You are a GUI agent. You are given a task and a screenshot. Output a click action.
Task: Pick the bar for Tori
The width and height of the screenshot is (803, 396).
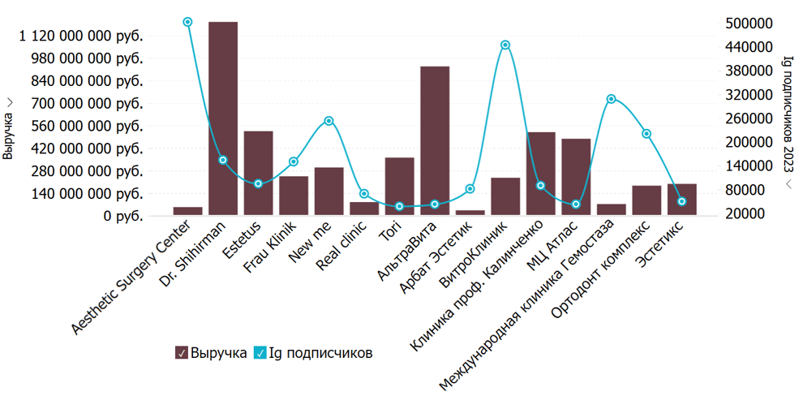(399, 186)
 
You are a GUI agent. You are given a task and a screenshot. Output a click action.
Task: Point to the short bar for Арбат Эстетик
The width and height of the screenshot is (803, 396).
(470, 213)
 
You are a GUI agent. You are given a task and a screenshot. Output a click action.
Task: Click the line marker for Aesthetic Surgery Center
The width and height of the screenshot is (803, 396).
(187, 22)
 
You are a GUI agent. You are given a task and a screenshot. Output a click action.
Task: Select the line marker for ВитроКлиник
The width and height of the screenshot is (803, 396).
(505, 45)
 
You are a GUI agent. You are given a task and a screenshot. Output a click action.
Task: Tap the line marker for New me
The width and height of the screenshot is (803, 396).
(328, 121)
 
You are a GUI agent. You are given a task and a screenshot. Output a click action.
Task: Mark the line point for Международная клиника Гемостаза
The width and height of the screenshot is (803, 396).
(612, 99)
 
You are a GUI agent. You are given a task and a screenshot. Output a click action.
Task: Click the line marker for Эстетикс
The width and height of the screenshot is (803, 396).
(682, 201)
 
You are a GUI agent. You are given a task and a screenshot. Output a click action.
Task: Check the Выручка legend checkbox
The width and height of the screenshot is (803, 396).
(182, 353)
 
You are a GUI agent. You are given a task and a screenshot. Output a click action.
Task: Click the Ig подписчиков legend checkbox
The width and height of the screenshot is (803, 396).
(260, 353)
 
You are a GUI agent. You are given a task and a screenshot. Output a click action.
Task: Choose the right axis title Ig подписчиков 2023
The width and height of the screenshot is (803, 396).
(788, 114)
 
